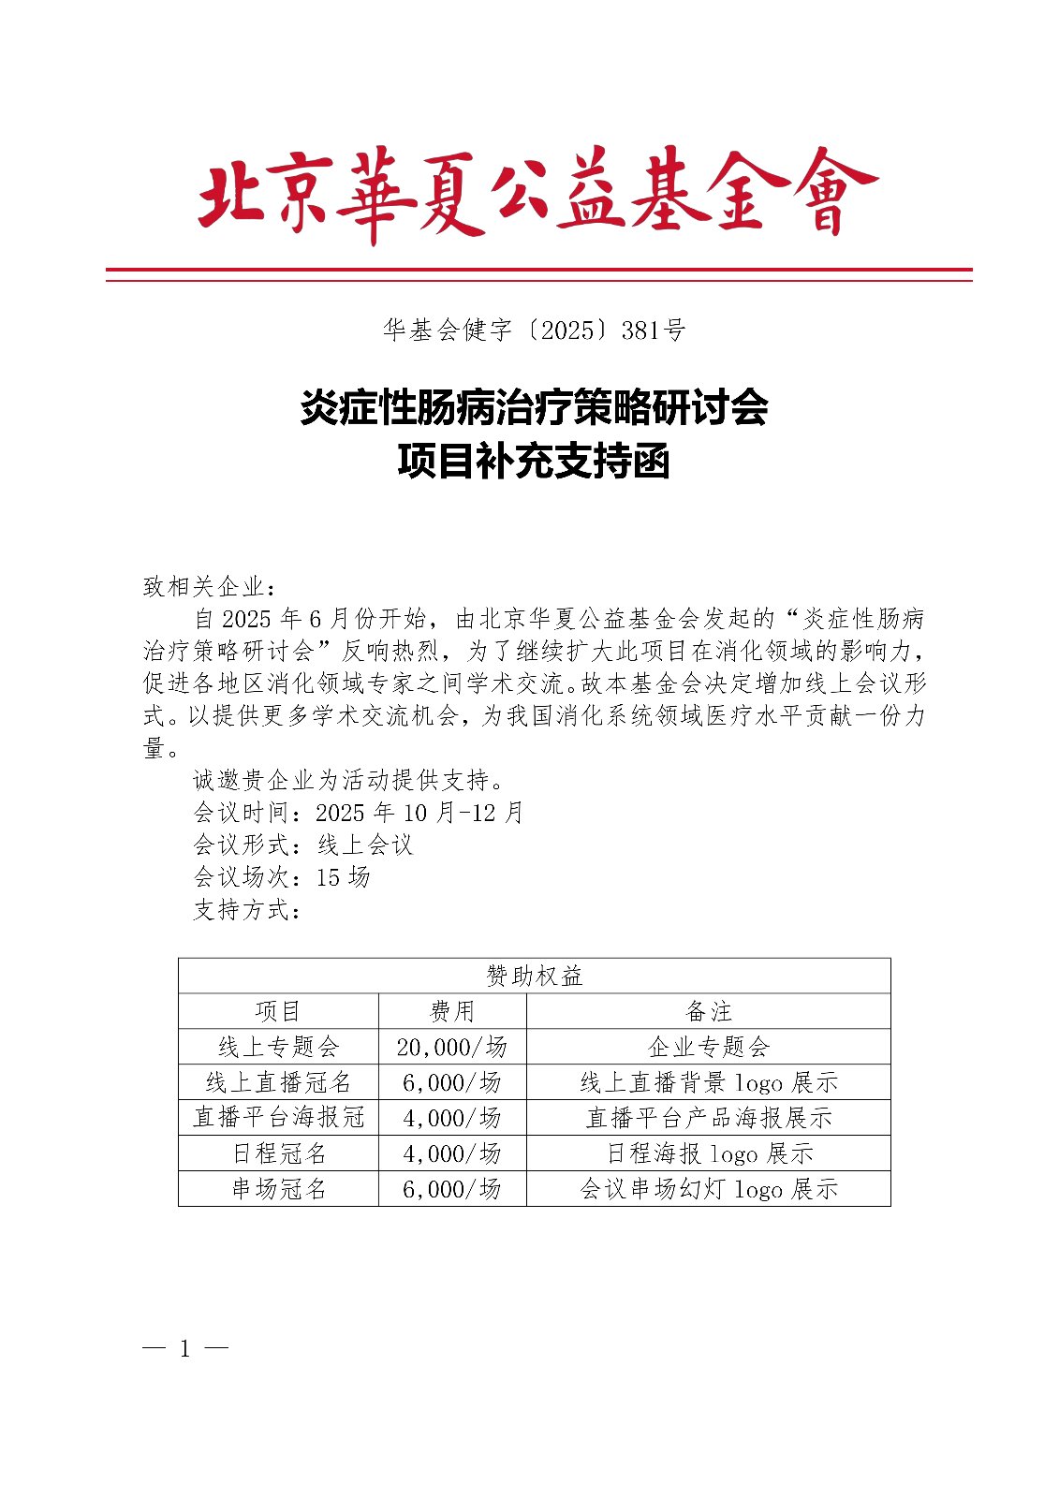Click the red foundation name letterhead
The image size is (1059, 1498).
click(x=537, y=195)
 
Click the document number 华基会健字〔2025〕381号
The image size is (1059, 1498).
click(x=534, y=330)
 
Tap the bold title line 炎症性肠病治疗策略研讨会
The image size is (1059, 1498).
click(x=534, y=407)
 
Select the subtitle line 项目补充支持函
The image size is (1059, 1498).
click(x=534, y=462)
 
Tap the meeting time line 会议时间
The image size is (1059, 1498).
click(x=358, y=813)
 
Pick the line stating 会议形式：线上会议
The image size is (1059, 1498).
click(x=302, y=845)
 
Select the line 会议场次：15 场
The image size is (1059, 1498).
click(x=281, y=877)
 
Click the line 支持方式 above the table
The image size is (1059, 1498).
click(x=247, y=910)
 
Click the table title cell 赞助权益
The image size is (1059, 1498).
click(x=534, y=976)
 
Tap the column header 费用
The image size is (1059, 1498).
click(x=452, y=1011)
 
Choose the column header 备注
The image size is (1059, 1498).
click(x=708, y=1011)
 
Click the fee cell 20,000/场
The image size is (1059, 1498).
click(x=452, y=1047)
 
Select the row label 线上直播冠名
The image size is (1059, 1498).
click(x=278, y=1082)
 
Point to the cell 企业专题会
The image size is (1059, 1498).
click(x=708, y=1047)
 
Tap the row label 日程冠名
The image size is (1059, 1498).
click(x=278, y=1153)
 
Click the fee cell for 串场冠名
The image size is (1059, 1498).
click(x=452, y=1189)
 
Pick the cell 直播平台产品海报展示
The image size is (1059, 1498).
click(x=708, y=1118)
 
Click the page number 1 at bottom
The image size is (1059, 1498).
click(x=185, y=1348)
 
